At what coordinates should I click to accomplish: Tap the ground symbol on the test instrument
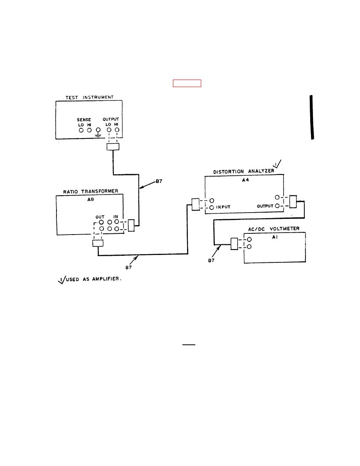pyautogui.click(x=98, y=133)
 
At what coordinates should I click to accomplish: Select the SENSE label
pyautogui.click(x=84, y=119)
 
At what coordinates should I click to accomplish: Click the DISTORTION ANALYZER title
pyautogui.click(x=243, y=172)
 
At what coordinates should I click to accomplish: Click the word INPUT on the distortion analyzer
pyautogui.click(x=224, y=208)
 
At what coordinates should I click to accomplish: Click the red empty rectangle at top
pyautogui.click(x=187, y=83)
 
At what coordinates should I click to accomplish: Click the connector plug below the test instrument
pyautogui.click(x=113, y=147)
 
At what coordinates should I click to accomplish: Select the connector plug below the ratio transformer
pyautogui.click(x=98, y=244)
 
